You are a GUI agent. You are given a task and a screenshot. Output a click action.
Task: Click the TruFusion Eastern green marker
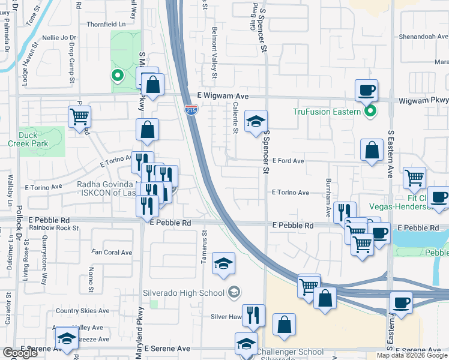click(x=370, y=111)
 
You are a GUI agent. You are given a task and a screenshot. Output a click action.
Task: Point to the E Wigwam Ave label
click(x=223, y=96)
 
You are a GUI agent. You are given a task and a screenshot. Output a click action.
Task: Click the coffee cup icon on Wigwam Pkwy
click(x=366, y=91)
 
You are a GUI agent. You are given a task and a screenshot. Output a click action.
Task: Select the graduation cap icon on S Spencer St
click(x=256, y=122)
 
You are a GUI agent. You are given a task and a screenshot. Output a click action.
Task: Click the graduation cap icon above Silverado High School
click(x=223, y=264)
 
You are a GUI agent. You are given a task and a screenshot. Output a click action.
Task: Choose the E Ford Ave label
click(x=288, y=161)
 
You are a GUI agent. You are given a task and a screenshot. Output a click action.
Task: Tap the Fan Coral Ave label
click(x=112, y=253)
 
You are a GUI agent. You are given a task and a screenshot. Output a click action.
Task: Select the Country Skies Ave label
click(x=82, y=311)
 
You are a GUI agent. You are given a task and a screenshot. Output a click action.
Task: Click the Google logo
click(x=20, y=353)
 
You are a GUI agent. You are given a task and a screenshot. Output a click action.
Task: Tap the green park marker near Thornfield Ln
click(x=118, y=76)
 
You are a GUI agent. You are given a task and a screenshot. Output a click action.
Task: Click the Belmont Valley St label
click(x=214, y=53)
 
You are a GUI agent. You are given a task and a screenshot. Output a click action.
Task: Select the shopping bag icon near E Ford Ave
click(x=372, y=150)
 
